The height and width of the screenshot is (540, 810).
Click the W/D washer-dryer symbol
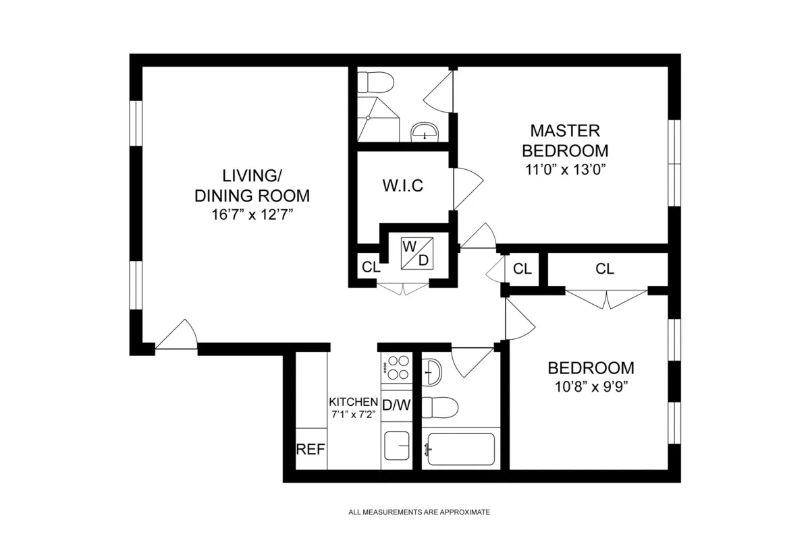pyautogui.click(x=415, y=253)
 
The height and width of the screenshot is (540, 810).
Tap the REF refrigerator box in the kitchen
pyautogui.click(x=311, y=450)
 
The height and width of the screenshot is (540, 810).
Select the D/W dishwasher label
pyautogui.click(x=396, y=406)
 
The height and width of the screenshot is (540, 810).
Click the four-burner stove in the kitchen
pyautogui.click(x=396, y=368)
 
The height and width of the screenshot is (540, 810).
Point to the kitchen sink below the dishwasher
pyautogui.click(x=397, y=446)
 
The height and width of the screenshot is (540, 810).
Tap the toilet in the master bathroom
pyautogui.click(x=375, y=82)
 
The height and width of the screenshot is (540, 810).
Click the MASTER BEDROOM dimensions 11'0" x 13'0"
pyautogui.click(x=565, y=169)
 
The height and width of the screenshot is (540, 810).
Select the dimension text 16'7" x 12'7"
pyautogui.click(x=252, y=215)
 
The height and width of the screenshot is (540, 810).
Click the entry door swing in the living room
pyautogui.click(x=177, y=335)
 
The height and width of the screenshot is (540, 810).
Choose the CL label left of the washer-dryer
pyautogui.click(x=371, y=267)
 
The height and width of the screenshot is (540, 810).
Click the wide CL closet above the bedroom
pyautogui.click(x=605, y=269)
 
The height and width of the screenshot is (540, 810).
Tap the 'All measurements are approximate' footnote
pyautogui.click(x=418, y=512)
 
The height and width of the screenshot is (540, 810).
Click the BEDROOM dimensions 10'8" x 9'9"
pyautogui.click(x=591, y=387)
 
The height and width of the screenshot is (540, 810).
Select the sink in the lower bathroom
pyautogui.click(x=432, y=370)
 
